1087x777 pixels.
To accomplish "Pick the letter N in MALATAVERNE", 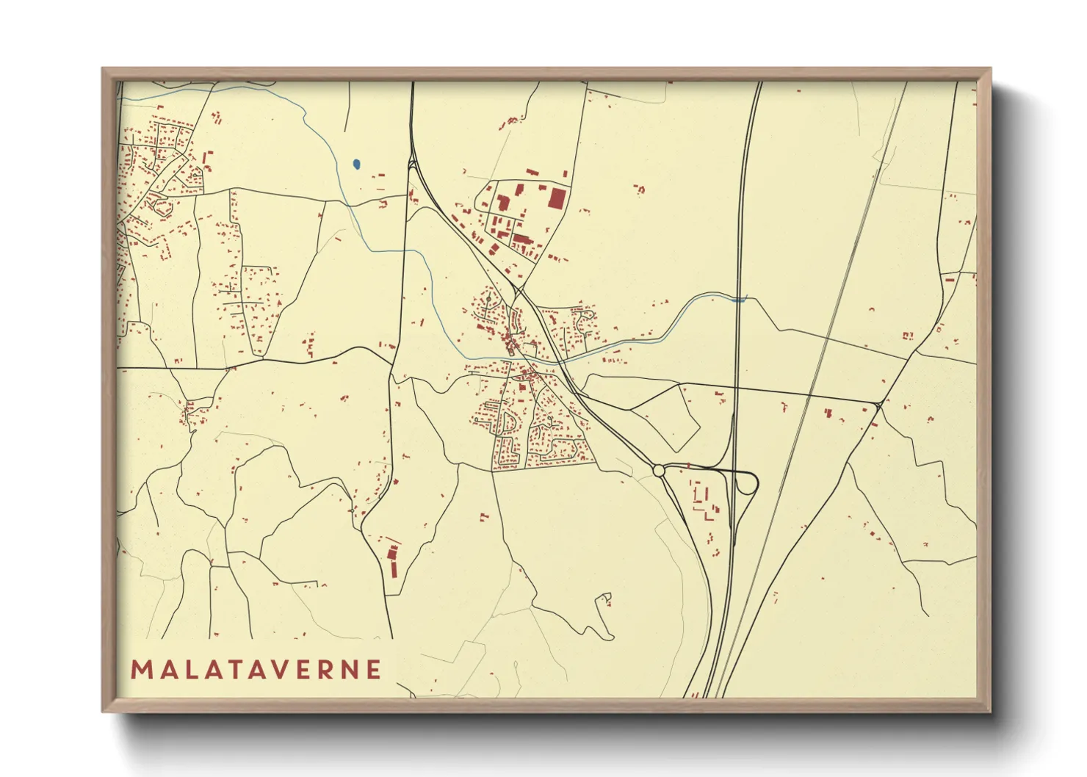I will tap(351, 670).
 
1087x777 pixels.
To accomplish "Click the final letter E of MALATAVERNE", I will tap(374, 670).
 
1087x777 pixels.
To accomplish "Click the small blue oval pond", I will tap(356, 165).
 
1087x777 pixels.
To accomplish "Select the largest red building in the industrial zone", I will tap(558, 199).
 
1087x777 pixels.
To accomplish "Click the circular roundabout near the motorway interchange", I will tap(658, 470).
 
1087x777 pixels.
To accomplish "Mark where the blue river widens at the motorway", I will tap(740, 299).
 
